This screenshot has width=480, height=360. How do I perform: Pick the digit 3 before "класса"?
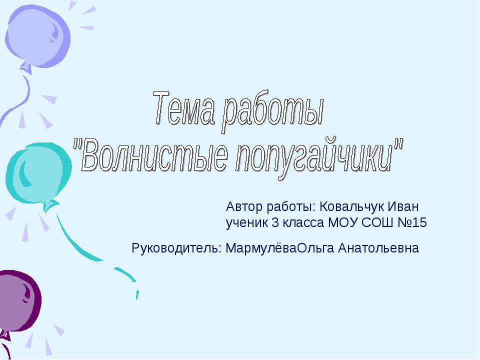274,223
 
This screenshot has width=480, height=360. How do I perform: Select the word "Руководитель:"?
176,247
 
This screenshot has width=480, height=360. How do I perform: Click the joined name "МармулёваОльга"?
280,248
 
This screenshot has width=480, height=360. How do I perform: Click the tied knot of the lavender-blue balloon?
25,67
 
